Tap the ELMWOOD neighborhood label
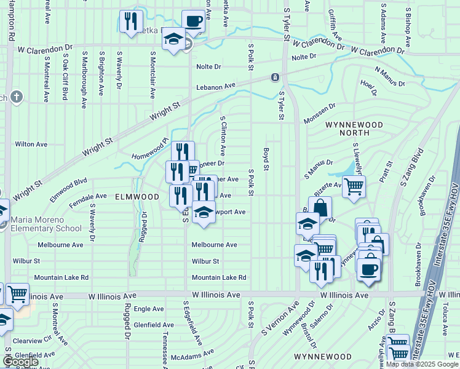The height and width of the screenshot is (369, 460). coord(137,197)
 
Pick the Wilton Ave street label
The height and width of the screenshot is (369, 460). coord(31,144)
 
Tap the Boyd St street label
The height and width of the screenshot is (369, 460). coord(266,159)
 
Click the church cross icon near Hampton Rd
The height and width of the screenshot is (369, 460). coord(16,97)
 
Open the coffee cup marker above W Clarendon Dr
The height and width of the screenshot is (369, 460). coord(193,21)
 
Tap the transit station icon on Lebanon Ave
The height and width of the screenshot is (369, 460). coord(275,77)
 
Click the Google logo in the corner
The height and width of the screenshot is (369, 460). coord(20,362)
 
